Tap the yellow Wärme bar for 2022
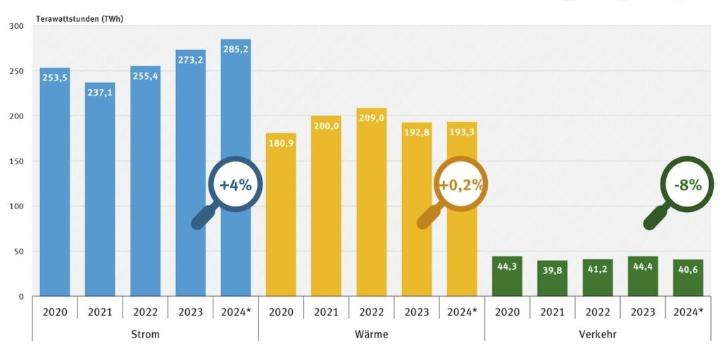coord(371,211)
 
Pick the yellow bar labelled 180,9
coord(281,225)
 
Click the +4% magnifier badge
coord(235,185)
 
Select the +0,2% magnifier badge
coord(461,185)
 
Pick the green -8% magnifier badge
coord(687,185)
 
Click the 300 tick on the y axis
coord(16,26)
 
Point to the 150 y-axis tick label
coord(16,161)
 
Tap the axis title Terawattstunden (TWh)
coord(80,18)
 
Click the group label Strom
coord(145,334)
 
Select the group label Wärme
coord(371,334)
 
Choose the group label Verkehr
coord(597,334)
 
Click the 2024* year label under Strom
coord(236,311)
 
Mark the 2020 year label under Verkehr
coord(507,311)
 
